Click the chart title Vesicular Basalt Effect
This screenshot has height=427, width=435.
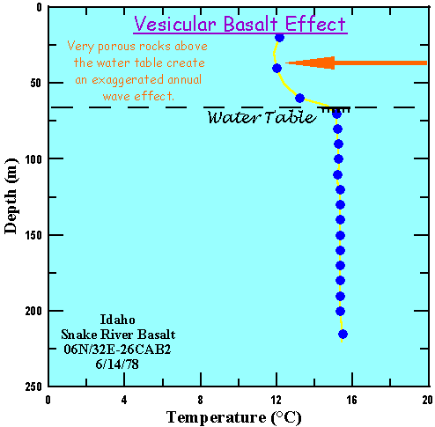240,24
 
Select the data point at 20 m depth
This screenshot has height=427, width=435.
280,37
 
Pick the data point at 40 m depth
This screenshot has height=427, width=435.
276,68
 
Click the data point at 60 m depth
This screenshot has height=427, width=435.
300,98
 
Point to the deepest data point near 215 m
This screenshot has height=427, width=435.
343,334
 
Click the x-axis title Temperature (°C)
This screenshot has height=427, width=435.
237,416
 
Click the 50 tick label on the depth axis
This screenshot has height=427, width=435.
33,83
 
